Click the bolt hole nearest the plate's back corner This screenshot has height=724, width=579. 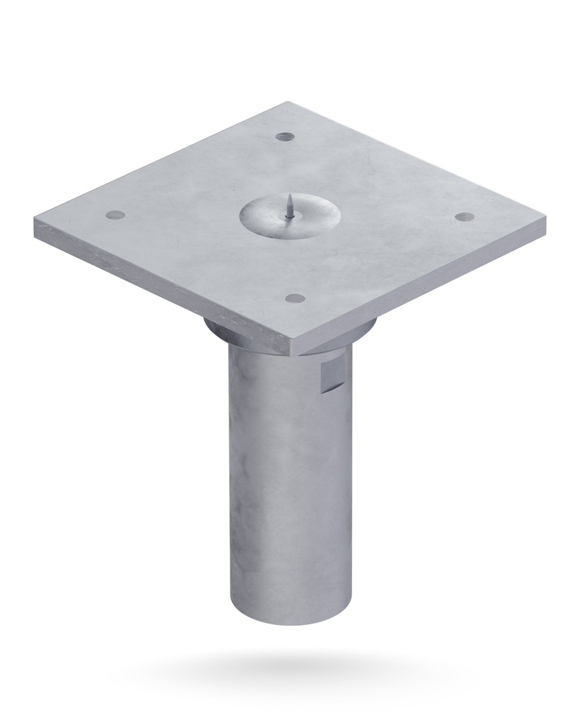tap(284, 136)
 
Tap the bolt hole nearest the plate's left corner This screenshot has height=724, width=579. tap(115, 214)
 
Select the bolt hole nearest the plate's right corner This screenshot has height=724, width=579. tap(463, 216)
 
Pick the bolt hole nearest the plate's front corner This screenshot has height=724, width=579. tap(296, 298)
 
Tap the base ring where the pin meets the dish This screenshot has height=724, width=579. tap(291, 216)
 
